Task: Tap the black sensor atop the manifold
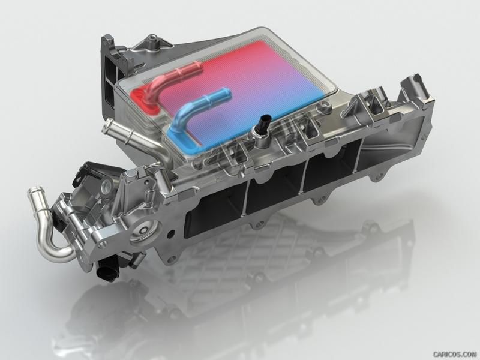(x=263, y=125)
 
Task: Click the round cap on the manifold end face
(x=144, y=230)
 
